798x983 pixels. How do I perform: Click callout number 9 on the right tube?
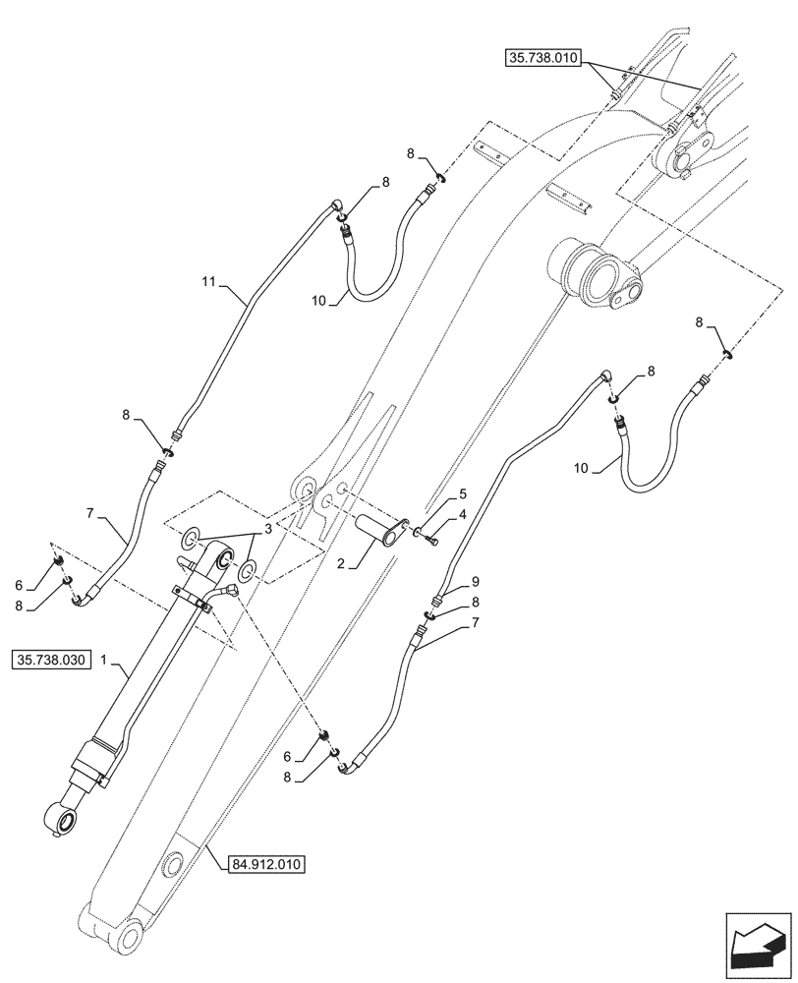pyautogui.click(x=475, y=581)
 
